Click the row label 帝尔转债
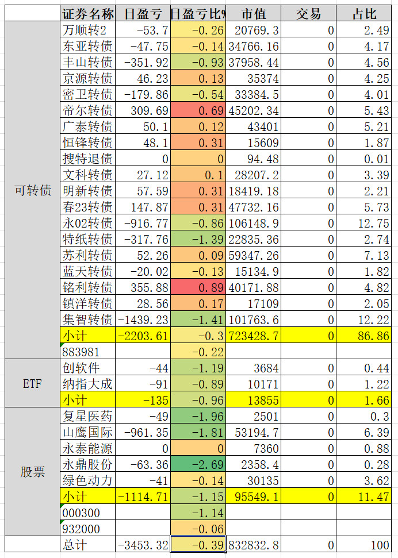88,110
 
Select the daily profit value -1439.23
143,319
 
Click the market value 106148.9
254,222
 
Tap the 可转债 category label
33,190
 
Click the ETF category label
33,383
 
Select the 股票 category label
33,472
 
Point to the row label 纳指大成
88,383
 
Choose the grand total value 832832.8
254,544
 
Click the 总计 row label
88,544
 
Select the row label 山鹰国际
88,432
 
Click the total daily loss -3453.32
143,544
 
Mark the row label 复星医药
88,415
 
